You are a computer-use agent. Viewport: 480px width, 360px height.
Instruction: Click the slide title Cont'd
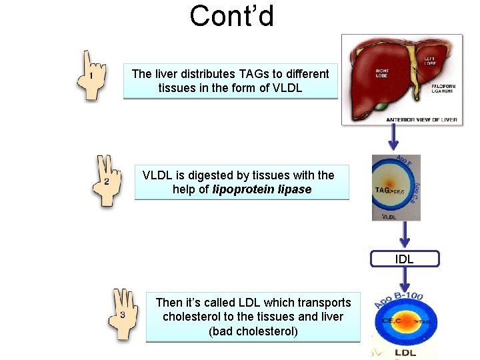[231, 16]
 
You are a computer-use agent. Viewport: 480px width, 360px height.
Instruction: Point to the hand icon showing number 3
[123, 314]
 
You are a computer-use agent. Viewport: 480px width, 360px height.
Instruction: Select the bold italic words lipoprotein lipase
[262, 189]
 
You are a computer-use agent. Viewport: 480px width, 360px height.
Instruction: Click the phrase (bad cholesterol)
[253, 331]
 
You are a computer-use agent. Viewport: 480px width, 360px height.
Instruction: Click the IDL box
[404, 259]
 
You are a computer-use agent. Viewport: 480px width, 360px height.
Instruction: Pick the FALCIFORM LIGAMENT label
[443, 89]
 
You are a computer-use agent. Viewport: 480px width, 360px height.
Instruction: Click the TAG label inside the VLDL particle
[382, 189]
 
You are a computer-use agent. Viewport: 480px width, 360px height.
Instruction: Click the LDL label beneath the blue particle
[405, 353]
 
